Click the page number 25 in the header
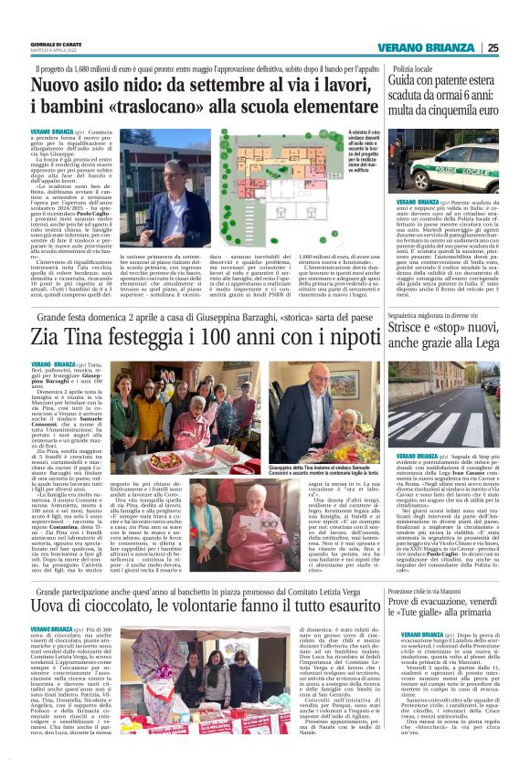click(x=518, y=48)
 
